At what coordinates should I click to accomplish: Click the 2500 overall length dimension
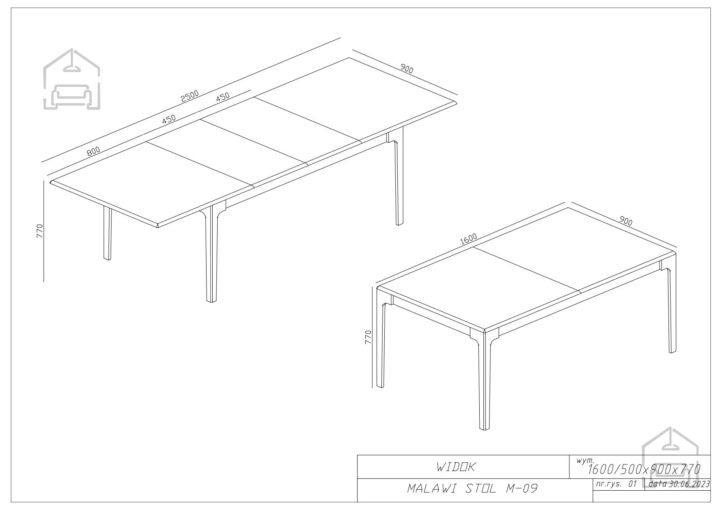coord(190,96)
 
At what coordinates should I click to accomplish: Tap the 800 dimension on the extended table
coord(93,151)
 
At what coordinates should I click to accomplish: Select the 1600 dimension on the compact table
coord(469,239)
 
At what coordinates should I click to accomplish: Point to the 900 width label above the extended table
coord(406,69)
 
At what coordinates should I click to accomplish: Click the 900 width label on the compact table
coord(625,221)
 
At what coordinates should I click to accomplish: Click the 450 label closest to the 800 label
coord(169,119)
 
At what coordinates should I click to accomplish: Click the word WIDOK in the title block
coord(456,467)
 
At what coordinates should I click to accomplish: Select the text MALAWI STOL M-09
coord(473,489)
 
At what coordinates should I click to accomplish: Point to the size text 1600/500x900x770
coord(644,469)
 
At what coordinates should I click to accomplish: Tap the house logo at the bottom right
coord(671,457)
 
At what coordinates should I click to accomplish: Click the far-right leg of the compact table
coord(671,306)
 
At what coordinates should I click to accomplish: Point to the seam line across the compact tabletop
coord(527,269)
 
